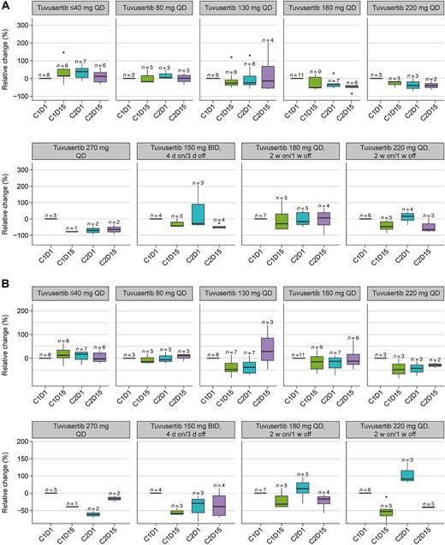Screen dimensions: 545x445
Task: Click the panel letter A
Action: click(x=6, y=6)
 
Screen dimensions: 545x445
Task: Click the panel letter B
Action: click(x=6, y=279)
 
